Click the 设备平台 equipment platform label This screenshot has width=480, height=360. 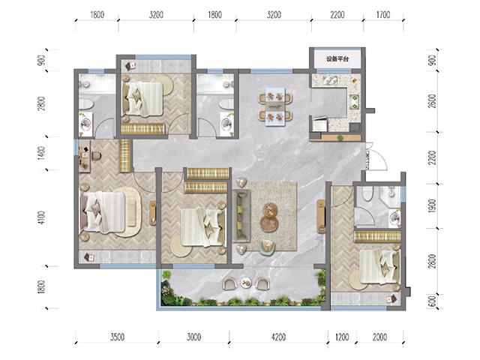[337, 59]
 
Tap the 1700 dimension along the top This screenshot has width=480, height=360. [383, 15]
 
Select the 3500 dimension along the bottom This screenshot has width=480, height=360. [117, 337]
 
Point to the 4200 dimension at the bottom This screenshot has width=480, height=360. [278, 337]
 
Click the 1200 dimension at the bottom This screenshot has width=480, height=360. [342, 337]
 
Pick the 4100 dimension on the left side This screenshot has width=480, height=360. [42, 217]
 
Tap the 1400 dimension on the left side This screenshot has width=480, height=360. [42, 153]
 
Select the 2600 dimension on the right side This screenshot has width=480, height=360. [432, 100]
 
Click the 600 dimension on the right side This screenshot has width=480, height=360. [432, 301]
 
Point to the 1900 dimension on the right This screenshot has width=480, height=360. [432, 205]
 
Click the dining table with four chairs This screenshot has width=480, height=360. [275, 106]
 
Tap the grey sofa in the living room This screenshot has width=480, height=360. [241, 216]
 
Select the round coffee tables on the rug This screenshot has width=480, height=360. [268, 217]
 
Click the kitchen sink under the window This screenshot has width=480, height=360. [329, 80]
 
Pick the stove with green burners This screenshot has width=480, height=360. [355, 102]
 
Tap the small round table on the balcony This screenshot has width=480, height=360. [245, 282]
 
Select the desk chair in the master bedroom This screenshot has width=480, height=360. [97, 156]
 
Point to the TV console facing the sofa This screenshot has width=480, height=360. [321, 216]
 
